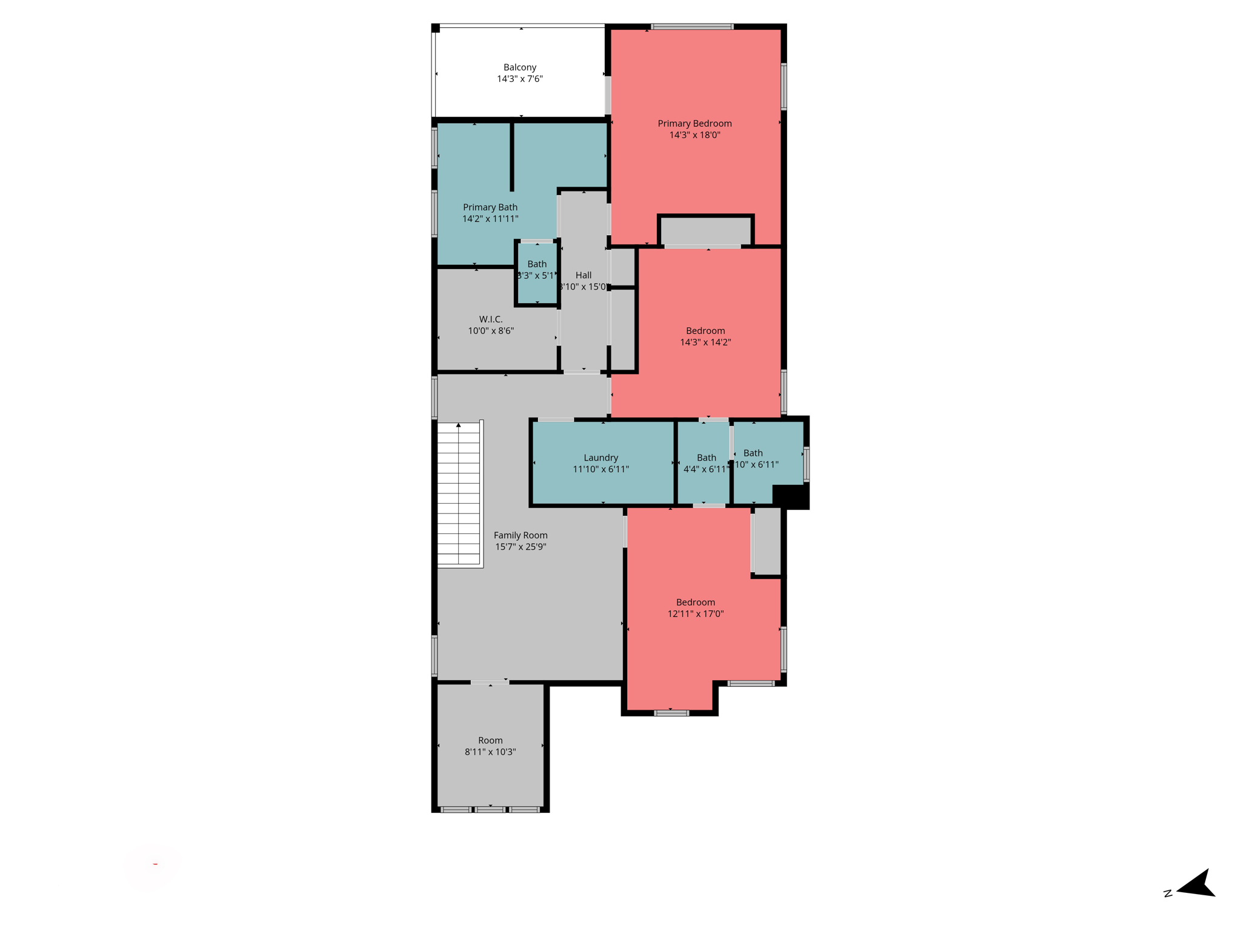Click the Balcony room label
coord(519,67)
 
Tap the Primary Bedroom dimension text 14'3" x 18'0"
coord(694,135)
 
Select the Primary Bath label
coord(490,207)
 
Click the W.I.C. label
coord(490,319)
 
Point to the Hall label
coord(583,275)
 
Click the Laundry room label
coord(601,458)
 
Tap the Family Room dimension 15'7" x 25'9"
coord(521,547)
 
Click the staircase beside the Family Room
coord(459,494)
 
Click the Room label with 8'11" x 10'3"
coord(490,741)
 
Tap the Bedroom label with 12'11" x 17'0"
coord(695,602)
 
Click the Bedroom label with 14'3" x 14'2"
coord(705,331)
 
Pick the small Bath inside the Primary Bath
coord(536,270)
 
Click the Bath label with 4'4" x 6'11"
coord(706,458)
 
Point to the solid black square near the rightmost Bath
coord(791,496)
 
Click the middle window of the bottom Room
coord(490,809)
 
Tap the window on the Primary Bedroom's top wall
coord(692,27)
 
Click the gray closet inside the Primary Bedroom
coord(705,231)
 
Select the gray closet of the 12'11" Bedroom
coord(767,541)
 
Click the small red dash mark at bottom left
coord(156,864)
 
